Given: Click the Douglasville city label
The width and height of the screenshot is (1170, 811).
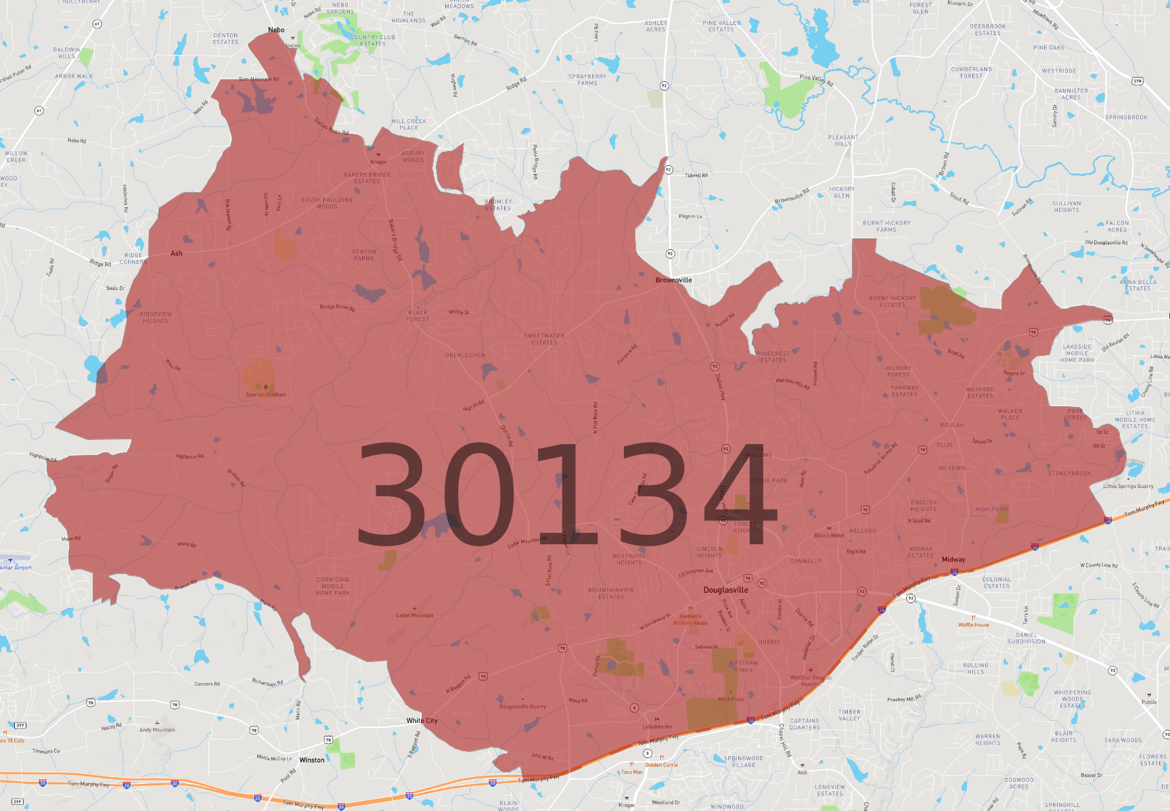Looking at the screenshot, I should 725,590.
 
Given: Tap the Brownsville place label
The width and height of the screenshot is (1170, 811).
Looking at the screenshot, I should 673,280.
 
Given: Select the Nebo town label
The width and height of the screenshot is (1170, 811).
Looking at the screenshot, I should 276,30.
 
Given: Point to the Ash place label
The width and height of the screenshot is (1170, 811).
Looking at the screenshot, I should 177,253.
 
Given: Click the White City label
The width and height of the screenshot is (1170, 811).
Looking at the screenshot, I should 422,720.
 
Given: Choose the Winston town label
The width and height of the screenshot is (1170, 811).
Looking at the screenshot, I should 312,760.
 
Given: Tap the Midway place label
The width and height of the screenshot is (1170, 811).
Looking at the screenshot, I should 953,559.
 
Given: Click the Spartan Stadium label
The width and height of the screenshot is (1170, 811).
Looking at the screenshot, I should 265,394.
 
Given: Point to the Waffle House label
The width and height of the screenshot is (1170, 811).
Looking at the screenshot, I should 973,624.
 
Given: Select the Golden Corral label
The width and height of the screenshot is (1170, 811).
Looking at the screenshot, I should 661,764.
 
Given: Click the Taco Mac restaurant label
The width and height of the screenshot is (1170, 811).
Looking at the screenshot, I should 632,771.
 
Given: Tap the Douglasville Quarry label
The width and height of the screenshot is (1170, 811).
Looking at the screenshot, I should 522,706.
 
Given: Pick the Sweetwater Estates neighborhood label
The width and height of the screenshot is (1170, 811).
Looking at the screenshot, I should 544,338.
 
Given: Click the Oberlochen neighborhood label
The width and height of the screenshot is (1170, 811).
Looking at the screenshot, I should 465,355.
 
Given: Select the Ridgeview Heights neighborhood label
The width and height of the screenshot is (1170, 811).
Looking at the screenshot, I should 156,317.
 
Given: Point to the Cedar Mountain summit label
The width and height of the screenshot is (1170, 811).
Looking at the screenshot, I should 414,615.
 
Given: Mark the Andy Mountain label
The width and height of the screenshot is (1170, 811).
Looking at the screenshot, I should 157,729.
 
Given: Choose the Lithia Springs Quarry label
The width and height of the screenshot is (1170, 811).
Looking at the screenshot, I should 1128,485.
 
